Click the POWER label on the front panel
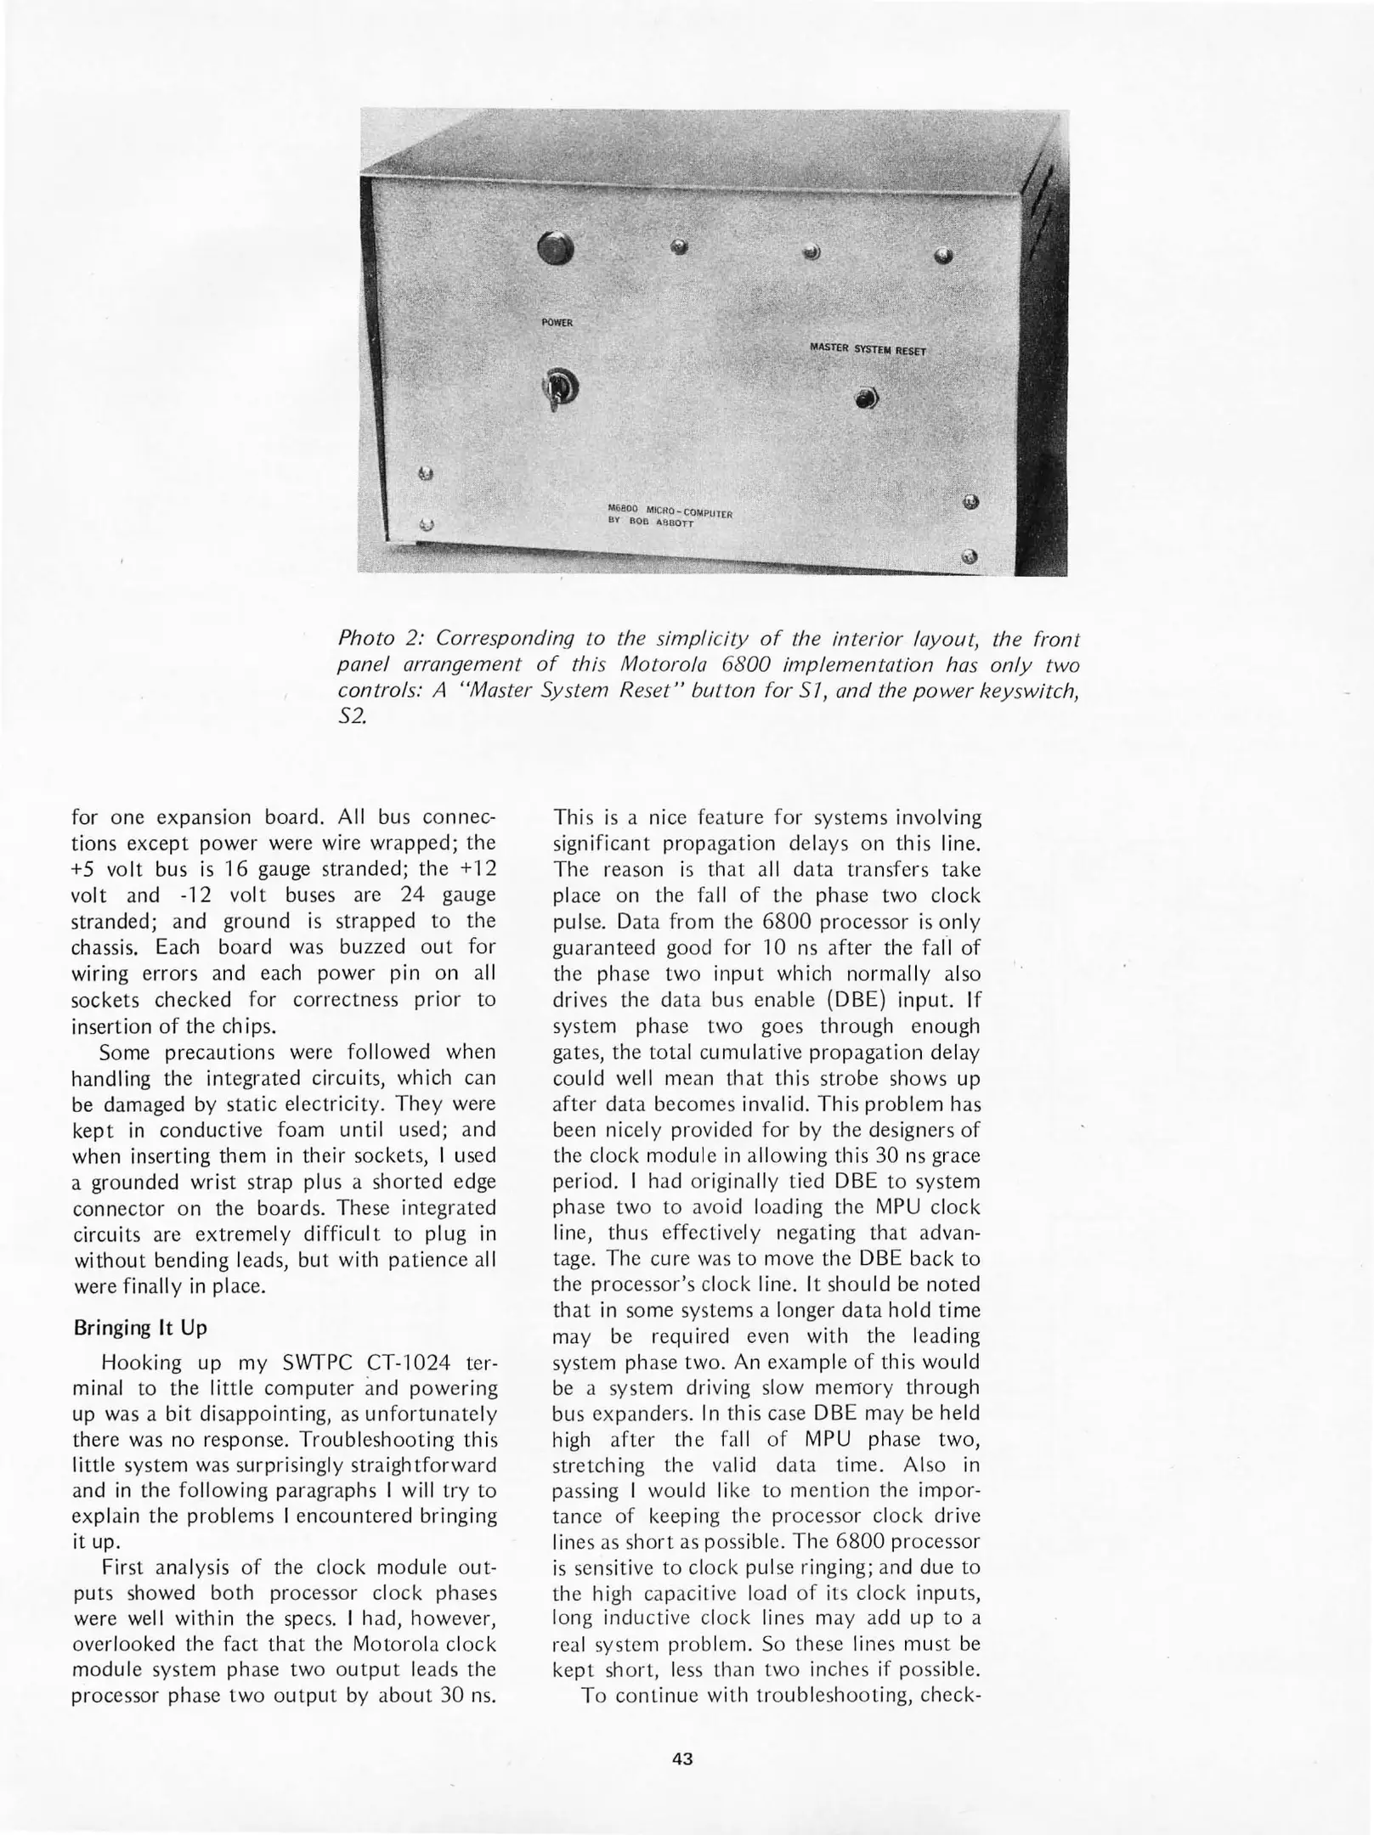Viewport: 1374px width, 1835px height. point(557,323)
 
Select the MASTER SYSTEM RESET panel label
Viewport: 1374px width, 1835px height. point(868,348)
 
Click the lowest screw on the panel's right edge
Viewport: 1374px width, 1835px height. point(970,557)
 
